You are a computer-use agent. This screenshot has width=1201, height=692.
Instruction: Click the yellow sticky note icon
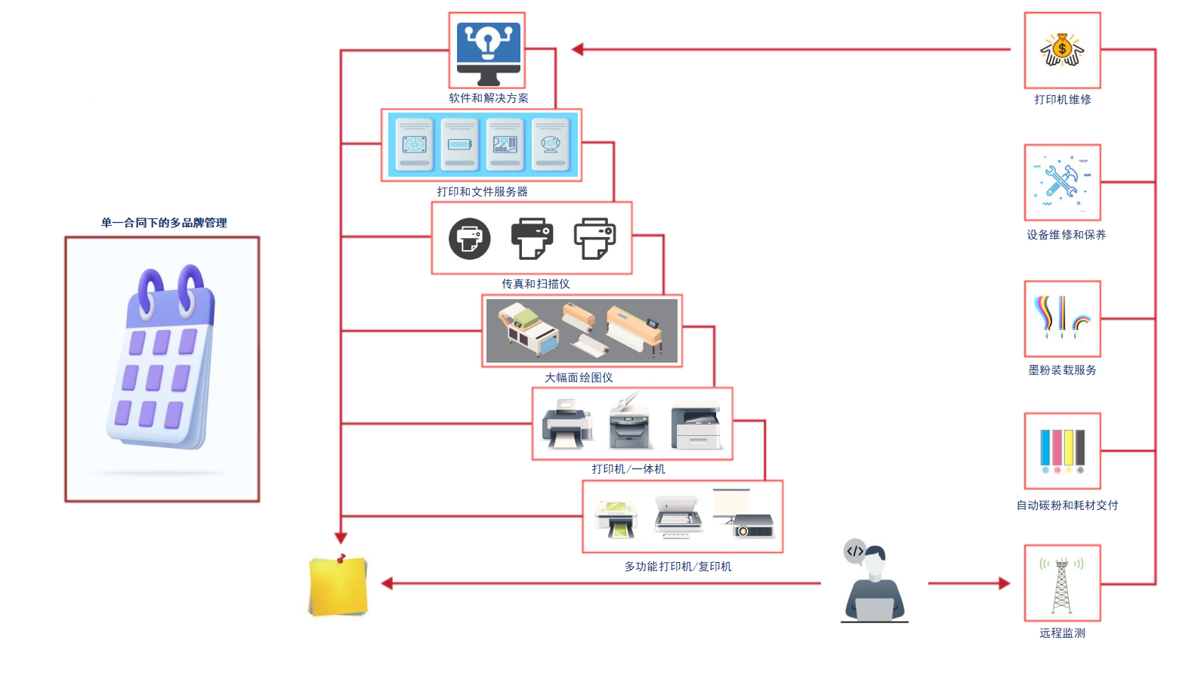(x=338, y=586)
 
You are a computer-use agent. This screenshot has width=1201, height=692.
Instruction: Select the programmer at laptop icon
(x=875, y=584)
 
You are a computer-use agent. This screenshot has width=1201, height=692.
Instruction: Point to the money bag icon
(x=1062, y=51)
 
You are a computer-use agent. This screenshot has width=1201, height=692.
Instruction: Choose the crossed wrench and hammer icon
(x=1062, y=182)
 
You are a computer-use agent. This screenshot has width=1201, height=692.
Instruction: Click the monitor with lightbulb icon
(x=488, y=51)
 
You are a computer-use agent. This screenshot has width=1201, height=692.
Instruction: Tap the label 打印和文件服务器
(x=482, y=192)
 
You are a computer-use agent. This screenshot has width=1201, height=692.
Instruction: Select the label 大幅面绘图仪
(x=579, y=378)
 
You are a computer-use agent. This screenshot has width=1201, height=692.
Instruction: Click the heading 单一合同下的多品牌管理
(x=164, y=223)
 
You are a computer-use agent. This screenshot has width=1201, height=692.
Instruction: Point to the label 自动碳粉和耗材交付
(x=1067, y=505)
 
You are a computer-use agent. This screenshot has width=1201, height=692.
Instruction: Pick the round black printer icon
(x=470, y=239)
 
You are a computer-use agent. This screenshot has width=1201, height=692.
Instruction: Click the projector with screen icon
(x=744, y=516)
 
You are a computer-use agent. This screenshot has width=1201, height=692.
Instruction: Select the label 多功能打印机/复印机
(x=678, y=567)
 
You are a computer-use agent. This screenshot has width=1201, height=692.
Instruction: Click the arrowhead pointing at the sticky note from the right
(x=387, y=583)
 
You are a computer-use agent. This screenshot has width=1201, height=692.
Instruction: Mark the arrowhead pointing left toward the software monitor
(x=578, y=50)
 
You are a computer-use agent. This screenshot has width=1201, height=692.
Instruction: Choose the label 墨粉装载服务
(x=1062, y=370)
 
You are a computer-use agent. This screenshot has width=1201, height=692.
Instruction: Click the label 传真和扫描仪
(x=536, y=284)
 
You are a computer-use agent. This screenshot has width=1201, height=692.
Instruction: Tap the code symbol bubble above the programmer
(x=854, y=551)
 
